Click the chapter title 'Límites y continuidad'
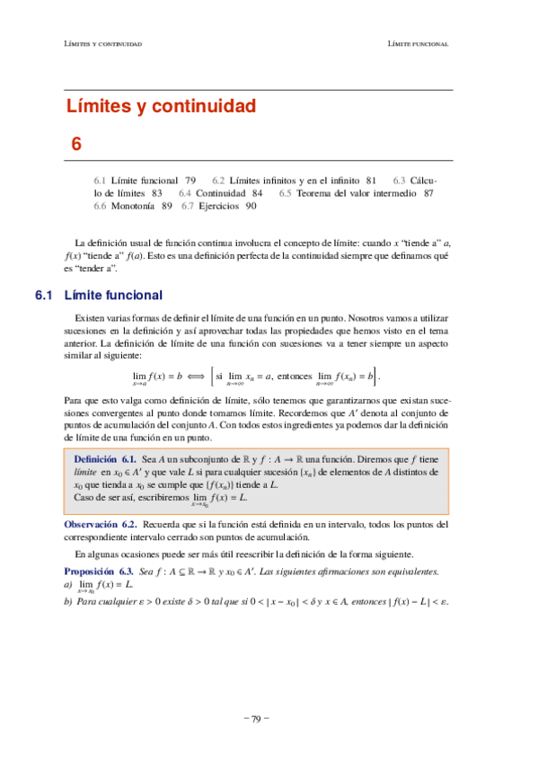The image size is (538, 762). point(162,107)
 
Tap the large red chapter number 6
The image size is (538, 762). point(76,143)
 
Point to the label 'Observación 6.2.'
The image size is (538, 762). point(100,523)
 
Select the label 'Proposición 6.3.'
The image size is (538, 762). point(99,571)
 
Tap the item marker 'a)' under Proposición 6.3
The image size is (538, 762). point(67,584)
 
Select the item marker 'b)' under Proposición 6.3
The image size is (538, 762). point(67,602)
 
